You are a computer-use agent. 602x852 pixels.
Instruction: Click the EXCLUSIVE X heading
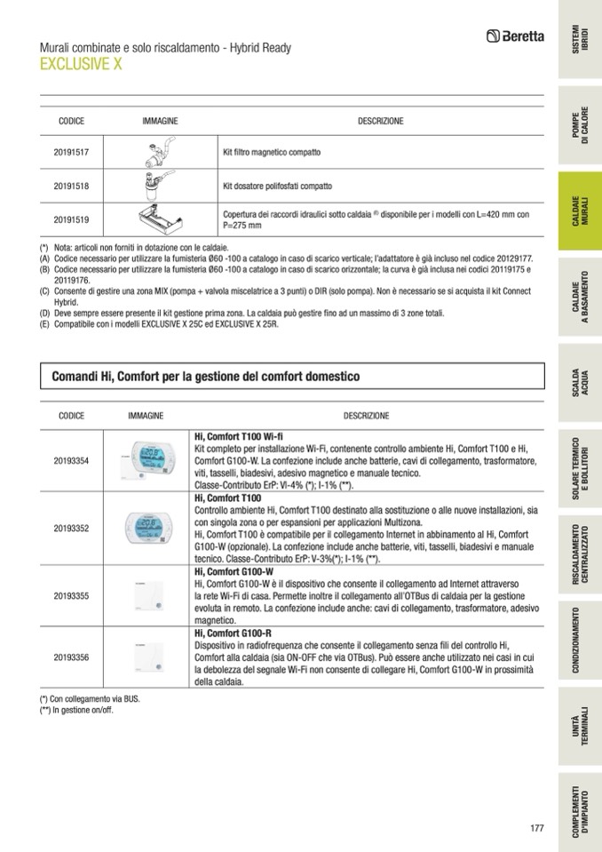[81, 64]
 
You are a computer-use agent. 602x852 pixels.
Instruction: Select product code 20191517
[71, 153]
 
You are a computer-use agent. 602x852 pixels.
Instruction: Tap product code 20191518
[71, 186]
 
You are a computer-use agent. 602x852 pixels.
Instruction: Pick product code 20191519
[71, 219]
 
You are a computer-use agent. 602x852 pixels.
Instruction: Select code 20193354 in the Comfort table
[71, 461]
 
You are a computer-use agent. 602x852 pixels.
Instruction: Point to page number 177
[535, 828]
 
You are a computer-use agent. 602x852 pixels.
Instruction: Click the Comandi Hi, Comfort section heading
[205, 378]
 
